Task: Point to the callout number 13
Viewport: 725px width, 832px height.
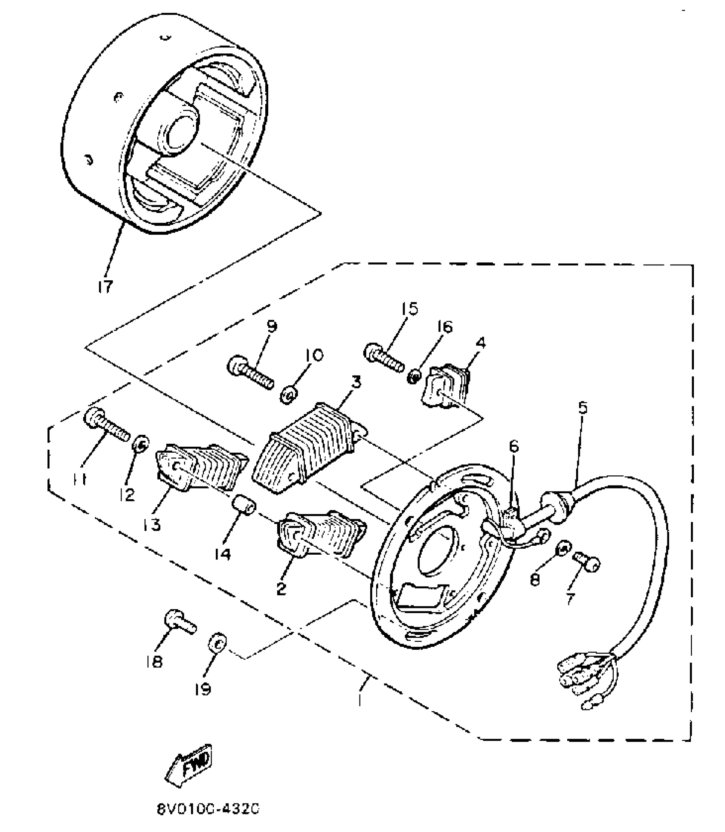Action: click(x=152, y=524)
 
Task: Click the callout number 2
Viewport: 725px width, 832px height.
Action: click(x=281, y=589)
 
